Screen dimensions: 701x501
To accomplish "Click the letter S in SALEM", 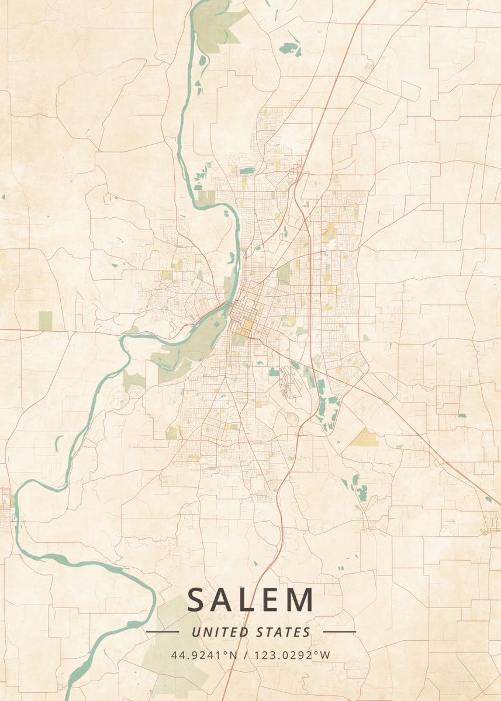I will (197, 600).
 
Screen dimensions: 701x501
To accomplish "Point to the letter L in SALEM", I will (248, 600).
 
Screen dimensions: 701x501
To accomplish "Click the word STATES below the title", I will (284, 632).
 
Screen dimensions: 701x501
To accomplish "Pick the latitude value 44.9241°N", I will (204, 655).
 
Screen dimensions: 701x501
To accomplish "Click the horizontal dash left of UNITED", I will (162, 632).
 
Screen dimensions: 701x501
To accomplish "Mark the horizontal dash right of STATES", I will (339, 632).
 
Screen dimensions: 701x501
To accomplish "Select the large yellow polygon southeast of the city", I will (365, 438).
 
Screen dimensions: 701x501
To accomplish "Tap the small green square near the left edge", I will (45, 320).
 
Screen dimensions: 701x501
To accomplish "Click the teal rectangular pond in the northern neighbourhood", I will (247, 171).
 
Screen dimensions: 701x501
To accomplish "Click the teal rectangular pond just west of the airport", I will (274, 372).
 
